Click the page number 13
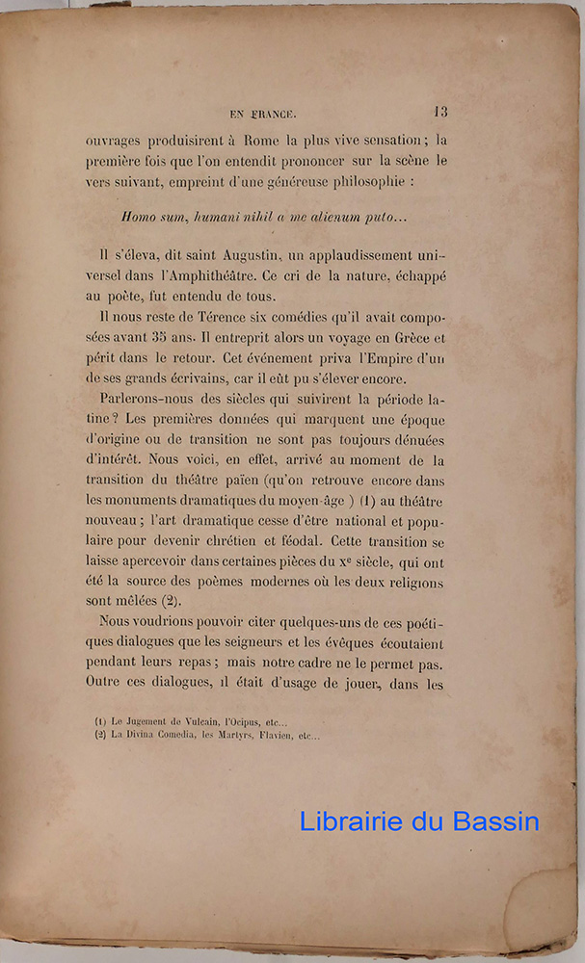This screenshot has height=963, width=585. pyautogui.click(x=440, y=112)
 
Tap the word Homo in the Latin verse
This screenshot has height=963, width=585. pyautogui.click(x=139, y=218)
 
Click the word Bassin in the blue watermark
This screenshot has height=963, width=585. pyautogui.click(x=497, y=821)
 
